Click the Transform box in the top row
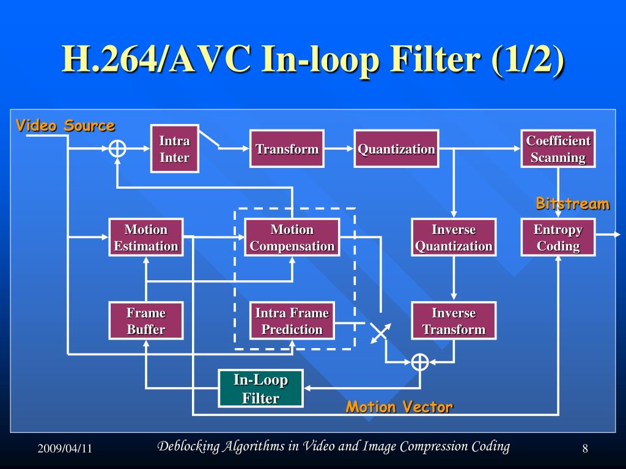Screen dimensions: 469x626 click(x=287, y=149)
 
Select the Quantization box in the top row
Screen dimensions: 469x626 click(x=396, y=149)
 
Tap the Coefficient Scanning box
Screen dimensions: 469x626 click(x=558, y=149)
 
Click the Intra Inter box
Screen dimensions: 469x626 click(x=174, y=149)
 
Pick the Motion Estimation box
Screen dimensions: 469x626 click(x=145, y=238)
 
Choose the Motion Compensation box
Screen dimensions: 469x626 click(x=292, y=238)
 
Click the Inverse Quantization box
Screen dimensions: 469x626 click(x=454, y=238)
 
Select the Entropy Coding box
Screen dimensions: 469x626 click(x=558, y=238)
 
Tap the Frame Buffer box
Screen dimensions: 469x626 click(x=145, y=321)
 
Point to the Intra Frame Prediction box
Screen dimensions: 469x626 click(x=292, y=321)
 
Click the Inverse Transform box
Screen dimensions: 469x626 click(x=454, y=321)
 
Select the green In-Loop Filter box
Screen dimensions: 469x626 click(x=260, y=389)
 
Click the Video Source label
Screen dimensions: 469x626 click(x=65, y=126)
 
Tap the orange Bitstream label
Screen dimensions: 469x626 click(x=572, y=203)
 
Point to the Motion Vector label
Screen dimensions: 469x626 click(x=399, y=407)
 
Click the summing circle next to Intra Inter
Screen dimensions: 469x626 click(x=117, y=148)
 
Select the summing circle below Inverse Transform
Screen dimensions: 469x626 click(x=419, y=362)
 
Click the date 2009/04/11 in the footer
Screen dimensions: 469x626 click(x=64, y=449)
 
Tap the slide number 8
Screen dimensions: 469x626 click(x=585, y=449)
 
